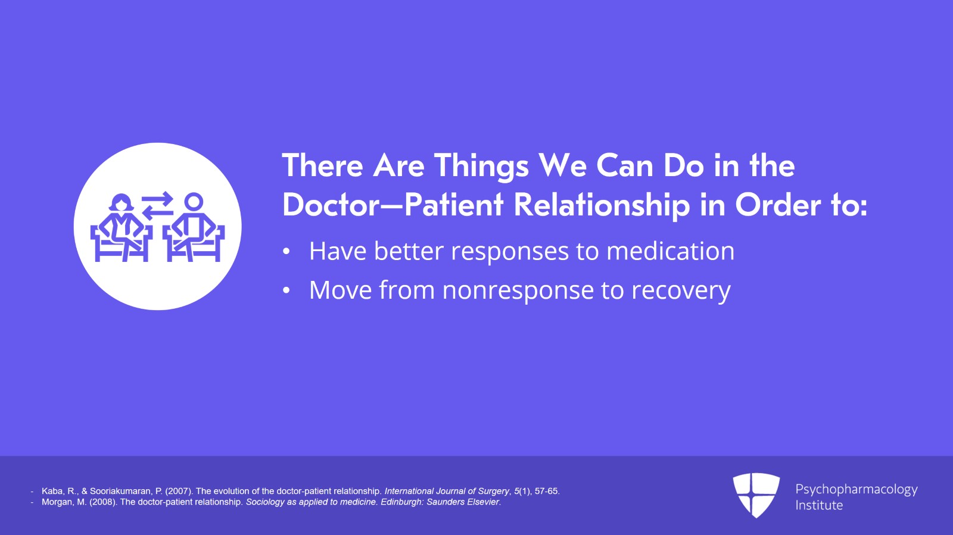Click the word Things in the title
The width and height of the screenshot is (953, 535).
click(481, 167)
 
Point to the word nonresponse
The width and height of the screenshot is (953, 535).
click(518, 290)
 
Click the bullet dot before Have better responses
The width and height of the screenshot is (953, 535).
click(286, 252)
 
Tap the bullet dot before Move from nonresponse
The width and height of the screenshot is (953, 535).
click(286, 290)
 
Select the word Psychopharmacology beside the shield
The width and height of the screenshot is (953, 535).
click(857, 490)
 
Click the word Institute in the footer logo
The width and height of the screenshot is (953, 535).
click(819, 505)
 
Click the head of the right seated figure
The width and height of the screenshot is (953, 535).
click(194, 202)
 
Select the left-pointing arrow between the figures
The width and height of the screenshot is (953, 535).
click(157, 212)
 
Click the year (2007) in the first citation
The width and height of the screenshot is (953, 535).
click(179, 491)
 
